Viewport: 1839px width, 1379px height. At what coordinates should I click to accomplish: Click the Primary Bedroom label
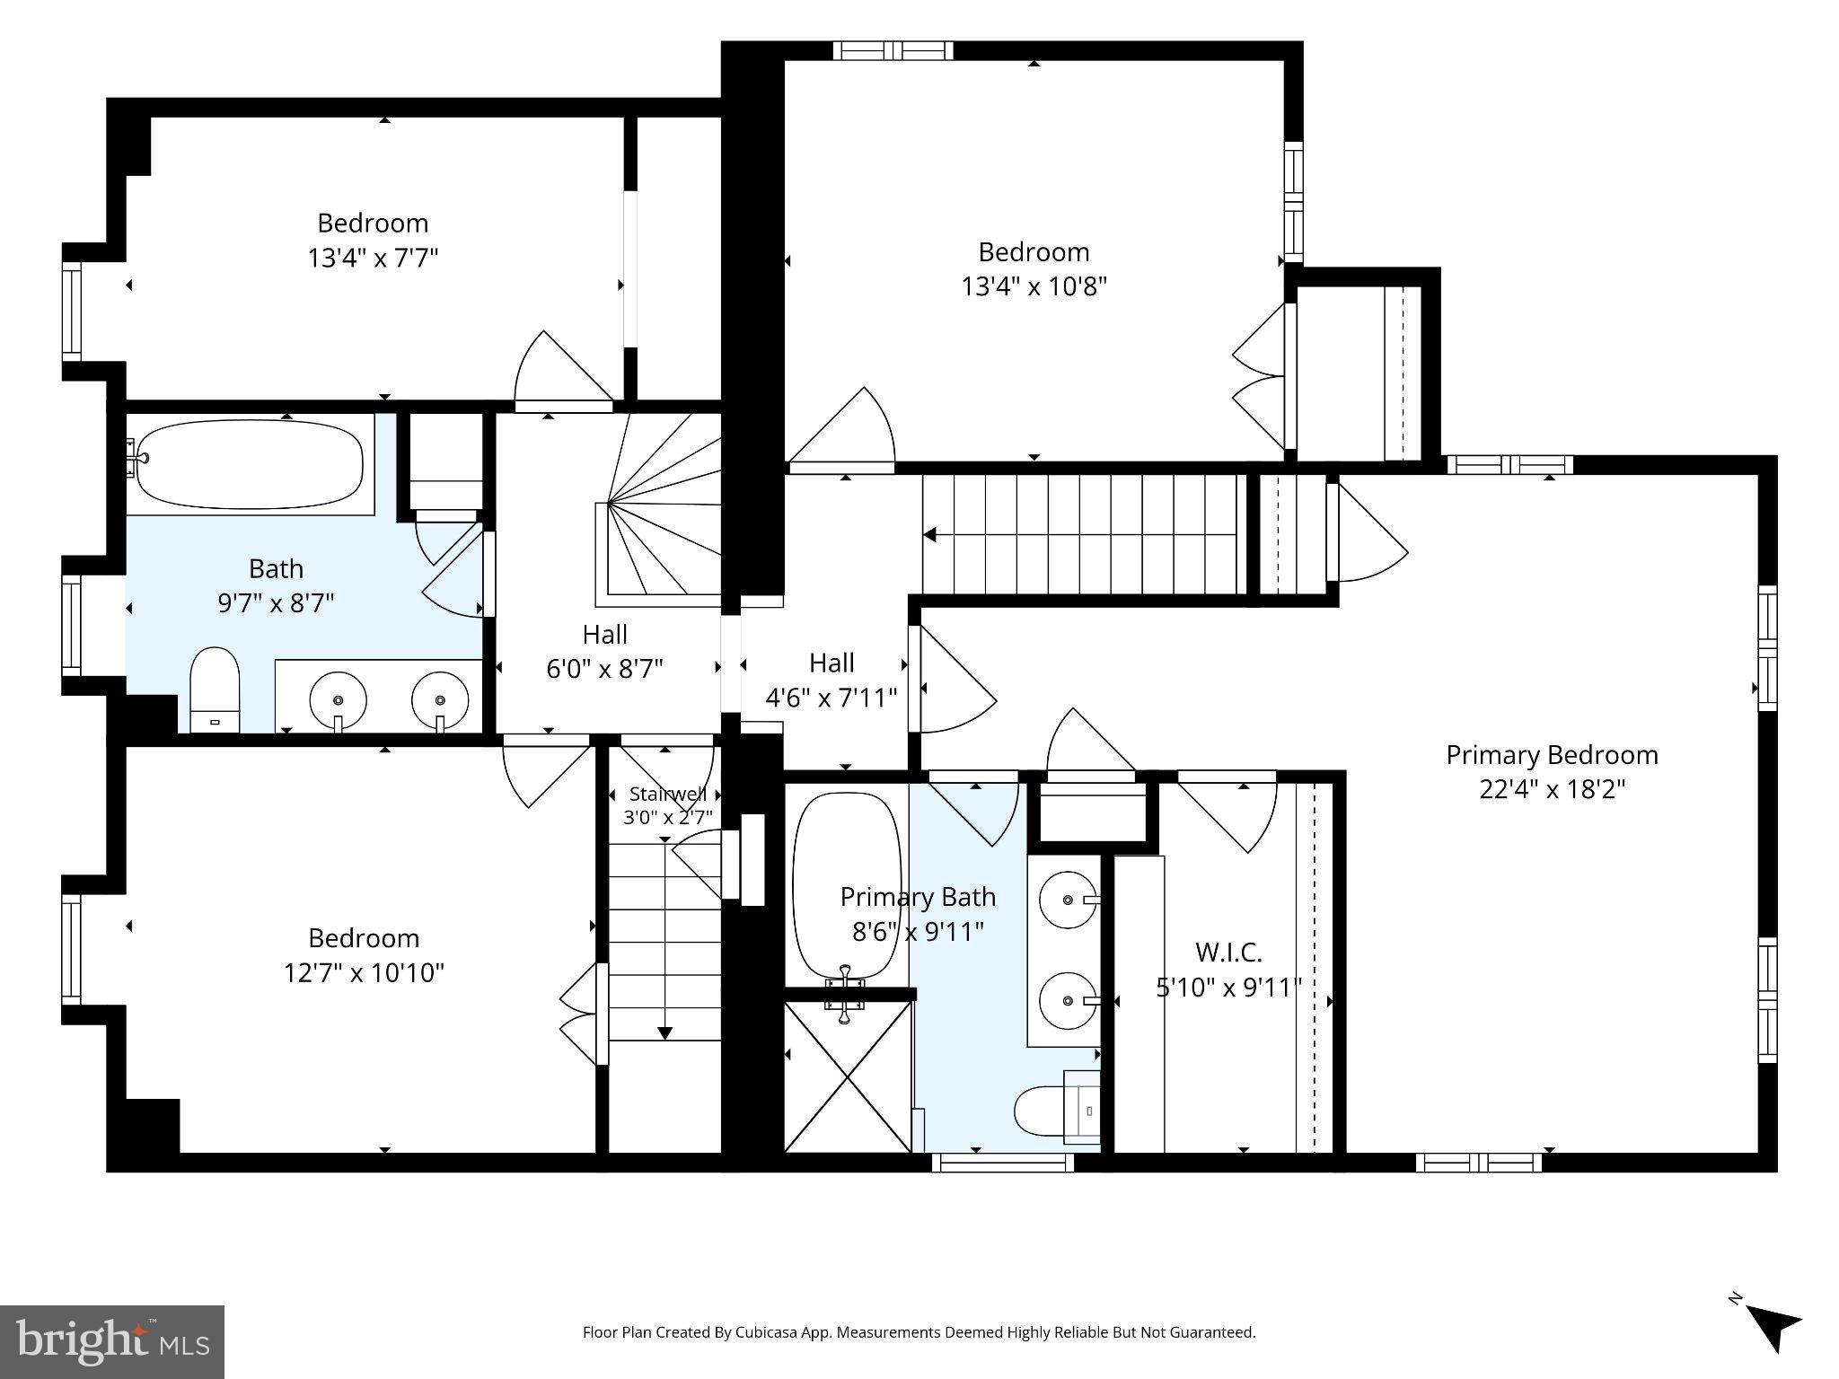(1552, 755)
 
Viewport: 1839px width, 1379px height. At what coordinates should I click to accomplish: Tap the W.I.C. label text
(1228, 952)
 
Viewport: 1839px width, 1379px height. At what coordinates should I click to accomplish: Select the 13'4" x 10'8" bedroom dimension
(1034, 286)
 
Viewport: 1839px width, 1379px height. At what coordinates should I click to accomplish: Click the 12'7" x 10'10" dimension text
(364, 972)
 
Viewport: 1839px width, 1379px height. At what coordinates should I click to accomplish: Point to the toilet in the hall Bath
(215, 689)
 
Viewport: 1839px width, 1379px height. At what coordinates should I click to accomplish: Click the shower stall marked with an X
(847, 1076)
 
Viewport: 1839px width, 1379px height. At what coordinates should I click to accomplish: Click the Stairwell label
(667, 794)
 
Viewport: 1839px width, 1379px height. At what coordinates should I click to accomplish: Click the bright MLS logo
(112, 1341)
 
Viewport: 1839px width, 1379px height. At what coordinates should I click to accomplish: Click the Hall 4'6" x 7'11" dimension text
(831, 698)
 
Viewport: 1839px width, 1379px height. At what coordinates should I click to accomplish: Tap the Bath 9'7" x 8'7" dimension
(276, 602)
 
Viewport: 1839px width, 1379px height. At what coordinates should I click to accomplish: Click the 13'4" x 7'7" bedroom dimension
(373, 259)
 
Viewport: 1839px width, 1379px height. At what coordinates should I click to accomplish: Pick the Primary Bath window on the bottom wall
(1002, 1163)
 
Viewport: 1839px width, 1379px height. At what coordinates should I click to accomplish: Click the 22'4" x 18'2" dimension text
(1552, 789)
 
